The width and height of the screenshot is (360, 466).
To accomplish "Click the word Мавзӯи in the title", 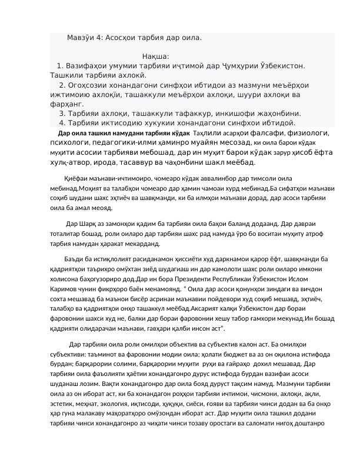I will tap(81, 37).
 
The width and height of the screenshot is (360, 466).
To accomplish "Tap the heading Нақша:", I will tap(156, 56).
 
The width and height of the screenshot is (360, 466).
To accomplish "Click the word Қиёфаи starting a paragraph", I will tap(77, 178).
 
